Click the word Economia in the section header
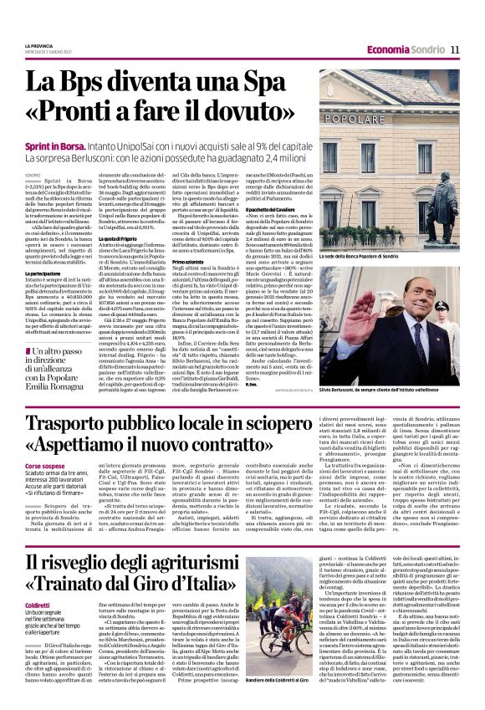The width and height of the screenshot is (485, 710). point(388,49)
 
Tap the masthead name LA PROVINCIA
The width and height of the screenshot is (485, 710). point(41,44)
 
